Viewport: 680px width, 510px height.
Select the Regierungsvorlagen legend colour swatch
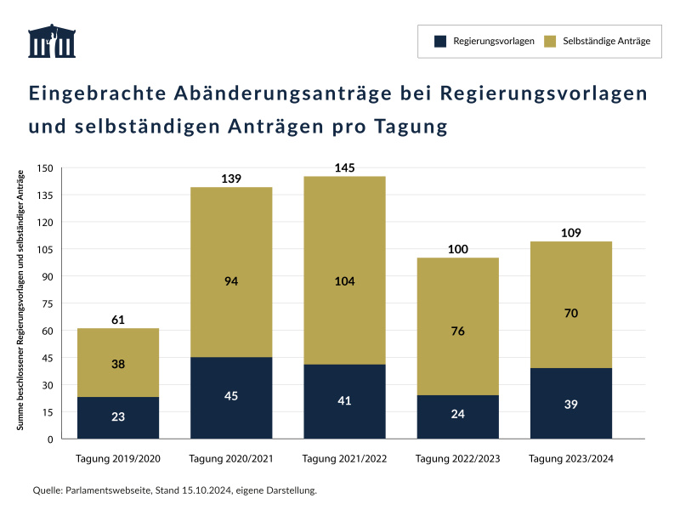pos(440,42)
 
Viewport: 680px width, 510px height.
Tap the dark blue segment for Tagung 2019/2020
pos(118,417)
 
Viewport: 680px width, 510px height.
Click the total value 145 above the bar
pos(344,168)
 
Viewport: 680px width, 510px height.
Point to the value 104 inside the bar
pos(344,281)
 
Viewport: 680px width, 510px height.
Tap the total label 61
pos(118,320)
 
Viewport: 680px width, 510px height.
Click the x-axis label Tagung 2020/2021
pos(231,459)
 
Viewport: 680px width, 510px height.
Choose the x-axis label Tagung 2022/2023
pos(457,459)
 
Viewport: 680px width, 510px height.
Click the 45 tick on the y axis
pos(48,358)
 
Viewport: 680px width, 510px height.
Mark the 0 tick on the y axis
pos(50,439)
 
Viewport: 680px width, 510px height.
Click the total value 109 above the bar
pos(570,232)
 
